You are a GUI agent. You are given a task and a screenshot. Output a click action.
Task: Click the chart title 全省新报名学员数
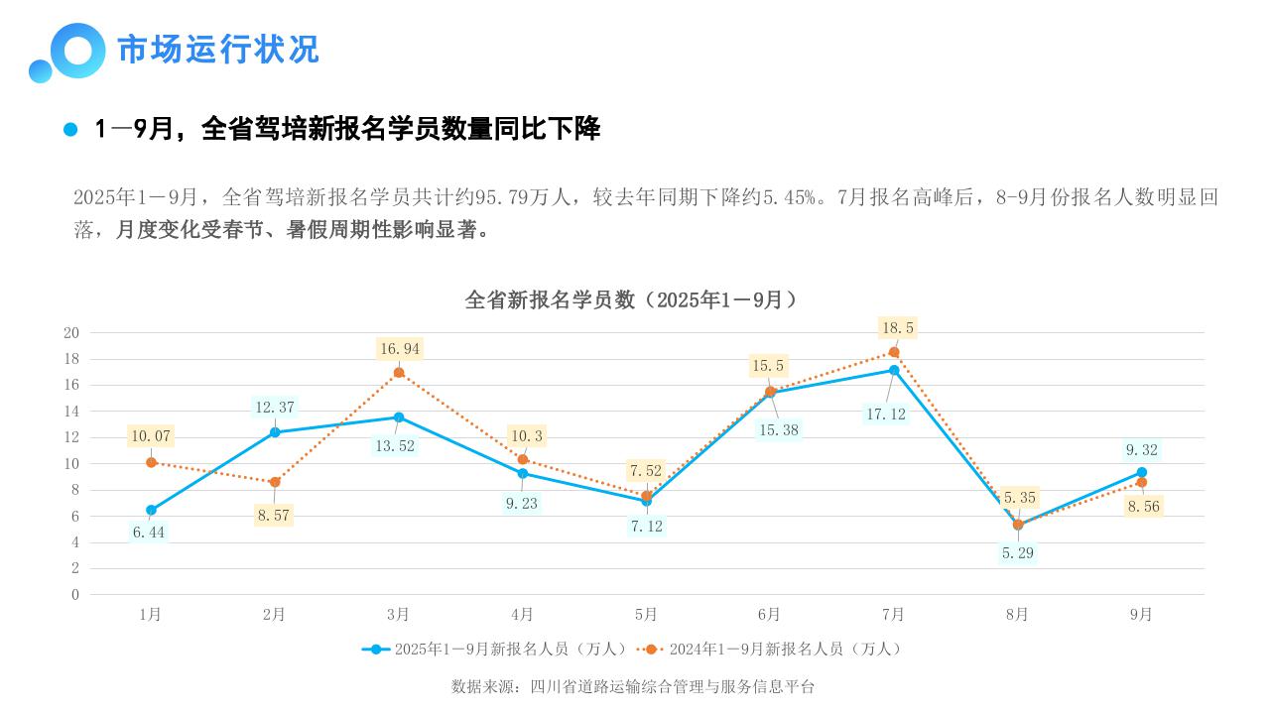point(631,299)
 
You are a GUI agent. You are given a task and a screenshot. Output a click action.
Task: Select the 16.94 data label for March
point(400,348)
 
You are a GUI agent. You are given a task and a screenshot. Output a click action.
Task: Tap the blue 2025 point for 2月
point(275,432)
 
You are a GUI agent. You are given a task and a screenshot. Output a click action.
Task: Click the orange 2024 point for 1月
point(151,462)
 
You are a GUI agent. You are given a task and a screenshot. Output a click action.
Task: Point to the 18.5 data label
point(897,327)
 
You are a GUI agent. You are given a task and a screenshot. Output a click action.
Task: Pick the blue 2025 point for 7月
point(894,370)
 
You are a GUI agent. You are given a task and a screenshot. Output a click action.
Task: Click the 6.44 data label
point(149,533)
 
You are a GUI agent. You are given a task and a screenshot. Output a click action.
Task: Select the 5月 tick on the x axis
point(646,615)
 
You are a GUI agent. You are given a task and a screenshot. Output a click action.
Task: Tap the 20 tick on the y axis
point(71,332)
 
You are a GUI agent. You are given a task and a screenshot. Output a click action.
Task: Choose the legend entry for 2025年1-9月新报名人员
point(496,649)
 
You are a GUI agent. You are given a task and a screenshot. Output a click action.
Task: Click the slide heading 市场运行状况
point(218,50)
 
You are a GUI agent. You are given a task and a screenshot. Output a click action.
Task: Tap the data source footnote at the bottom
point(633,686)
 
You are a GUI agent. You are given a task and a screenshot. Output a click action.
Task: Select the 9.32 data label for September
point(1141,449)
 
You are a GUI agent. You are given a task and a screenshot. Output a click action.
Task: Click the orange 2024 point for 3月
point(399,373)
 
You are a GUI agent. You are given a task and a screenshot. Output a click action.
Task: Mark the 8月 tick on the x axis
point(1017,615)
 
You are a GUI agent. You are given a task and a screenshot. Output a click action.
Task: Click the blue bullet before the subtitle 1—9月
point(70,130)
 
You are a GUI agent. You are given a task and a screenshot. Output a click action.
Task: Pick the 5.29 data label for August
point(1018,552)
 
